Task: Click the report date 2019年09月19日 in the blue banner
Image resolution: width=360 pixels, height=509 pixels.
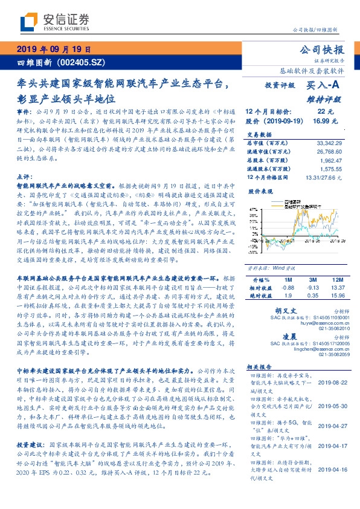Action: (53, 50)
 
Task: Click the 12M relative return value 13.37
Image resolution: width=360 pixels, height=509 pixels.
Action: (338, 271)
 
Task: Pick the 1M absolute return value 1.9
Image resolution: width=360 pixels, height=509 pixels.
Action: (288, 279)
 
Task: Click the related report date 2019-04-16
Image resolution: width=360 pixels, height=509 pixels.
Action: (332, 468)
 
